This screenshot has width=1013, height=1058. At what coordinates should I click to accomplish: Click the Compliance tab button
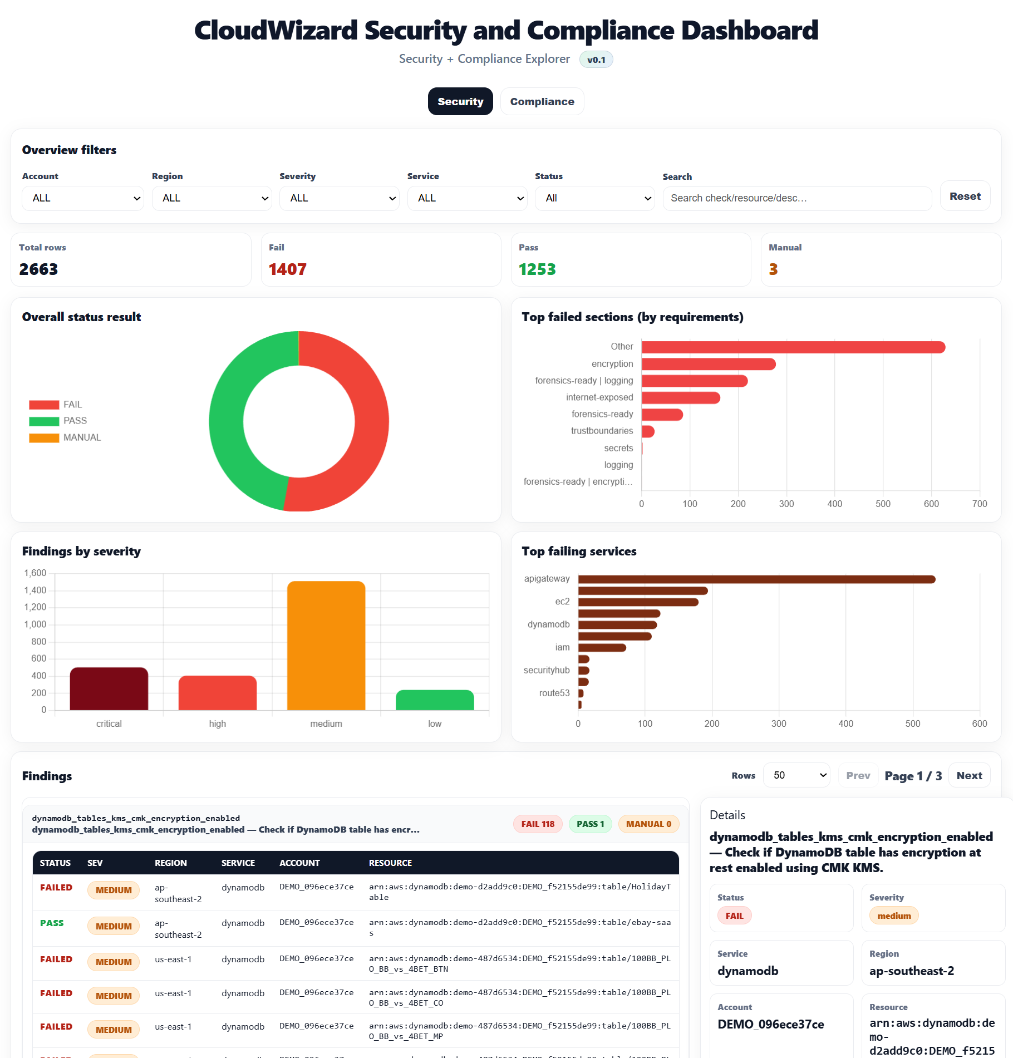pos(542,102)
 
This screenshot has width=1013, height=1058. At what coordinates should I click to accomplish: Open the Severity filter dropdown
pos(339,198)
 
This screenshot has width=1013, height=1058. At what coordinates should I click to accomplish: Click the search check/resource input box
pos(796,198)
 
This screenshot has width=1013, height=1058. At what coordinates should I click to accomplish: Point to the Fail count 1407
pos(287,269)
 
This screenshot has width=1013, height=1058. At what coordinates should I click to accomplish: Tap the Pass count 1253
pos(537,269)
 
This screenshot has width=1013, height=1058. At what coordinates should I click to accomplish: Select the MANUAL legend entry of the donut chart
pos(65,437)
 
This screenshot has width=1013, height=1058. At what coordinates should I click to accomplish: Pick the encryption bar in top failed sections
pos(708,364)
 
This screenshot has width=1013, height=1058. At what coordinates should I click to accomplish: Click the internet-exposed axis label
pos(599,397)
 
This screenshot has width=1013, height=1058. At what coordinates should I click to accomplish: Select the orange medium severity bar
pos(326,646)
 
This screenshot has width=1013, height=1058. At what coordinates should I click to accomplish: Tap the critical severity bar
pos(109,688)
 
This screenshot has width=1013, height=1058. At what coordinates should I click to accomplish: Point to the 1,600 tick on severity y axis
pos(35,573)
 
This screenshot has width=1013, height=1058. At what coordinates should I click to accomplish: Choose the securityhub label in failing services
pos(546,670)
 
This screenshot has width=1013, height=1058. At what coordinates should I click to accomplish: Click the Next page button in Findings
pos(969,775)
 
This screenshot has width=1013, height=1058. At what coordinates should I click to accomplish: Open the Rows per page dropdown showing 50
pos(796,775)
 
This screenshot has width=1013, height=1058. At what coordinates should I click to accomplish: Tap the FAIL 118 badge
pos(538,824)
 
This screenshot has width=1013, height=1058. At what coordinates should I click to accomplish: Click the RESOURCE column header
pos(390,863)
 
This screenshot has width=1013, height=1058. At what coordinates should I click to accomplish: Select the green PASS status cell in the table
pos(52,923)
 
